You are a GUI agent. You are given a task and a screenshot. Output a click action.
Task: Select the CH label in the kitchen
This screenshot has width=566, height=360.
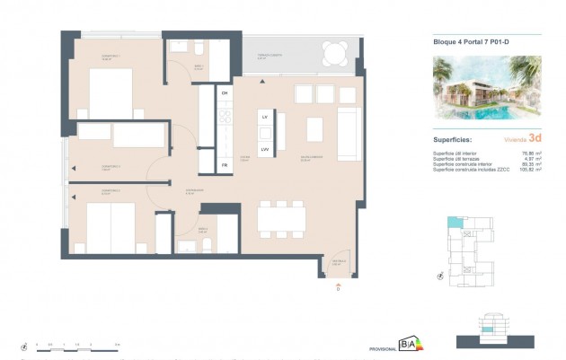225,93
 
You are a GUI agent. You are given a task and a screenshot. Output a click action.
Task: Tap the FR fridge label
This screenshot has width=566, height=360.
225,165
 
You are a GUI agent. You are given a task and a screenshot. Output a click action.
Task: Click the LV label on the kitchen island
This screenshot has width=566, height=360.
265,118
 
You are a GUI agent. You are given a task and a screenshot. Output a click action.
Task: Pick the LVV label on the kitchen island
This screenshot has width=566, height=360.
265,149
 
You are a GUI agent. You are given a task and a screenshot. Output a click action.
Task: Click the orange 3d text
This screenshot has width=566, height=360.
535,138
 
